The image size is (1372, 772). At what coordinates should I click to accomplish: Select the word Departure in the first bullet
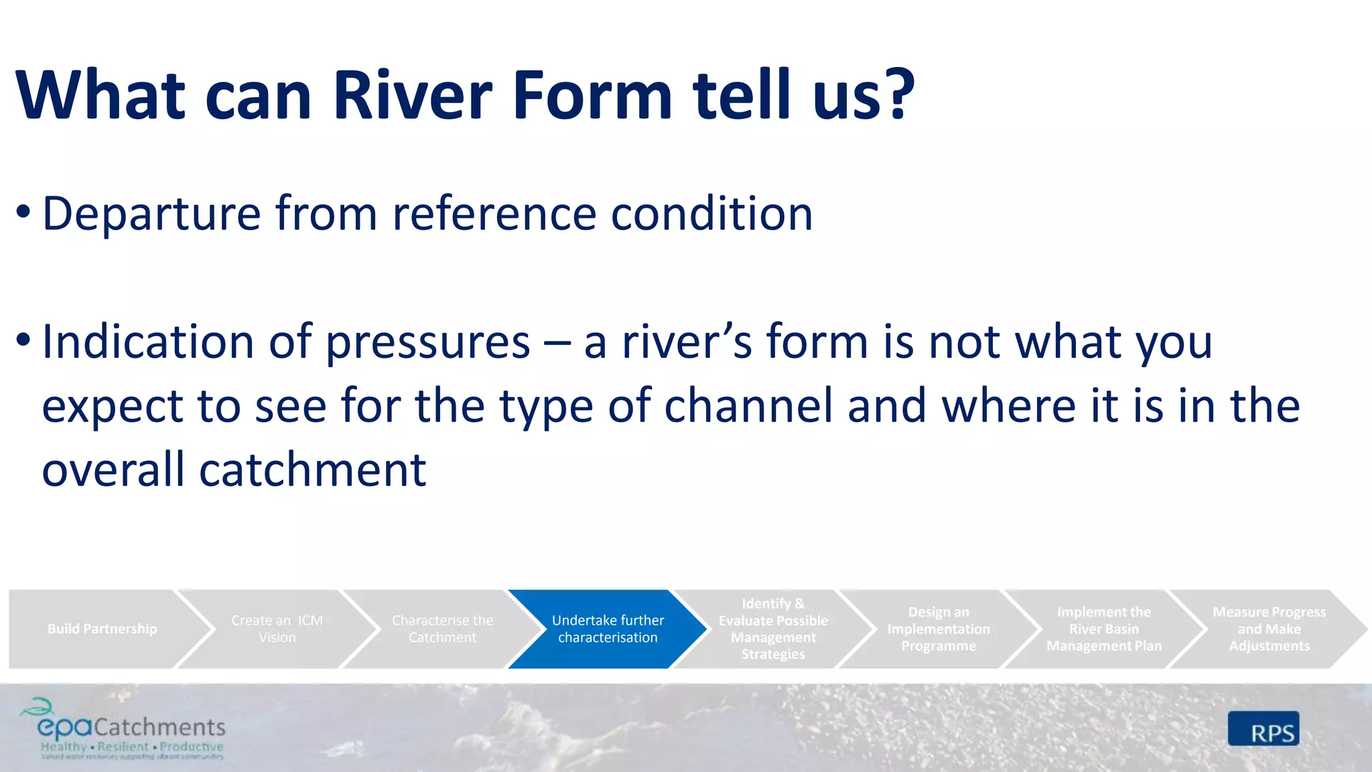pos(151,214)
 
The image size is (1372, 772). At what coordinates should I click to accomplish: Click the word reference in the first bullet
pos(494,214)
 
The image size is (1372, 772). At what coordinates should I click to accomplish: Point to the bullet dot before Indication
pos(23,340)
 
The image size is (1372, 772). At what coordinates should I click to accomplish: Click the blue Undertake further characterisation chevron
pos(608,629)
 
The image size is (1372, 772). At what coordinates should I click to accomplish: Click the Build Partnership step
pos(102,629)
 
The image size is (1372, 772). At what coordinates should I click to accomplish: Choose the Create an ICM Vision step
pos(277,629)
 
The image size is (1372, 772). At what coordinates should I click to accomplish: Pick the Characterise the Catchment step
pos(442,629)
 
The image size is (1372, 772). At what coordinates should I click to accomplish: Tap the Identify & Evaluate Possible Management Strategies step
pos(773,629)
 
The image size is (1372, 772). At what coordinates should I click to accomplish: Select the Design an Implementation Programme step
pos(938,629)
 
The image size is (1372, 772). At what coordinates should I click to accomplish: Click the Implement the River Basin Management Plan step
pos(1103,629)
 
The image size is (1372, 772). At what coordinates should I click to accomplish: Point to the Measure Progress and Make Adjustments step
pos(1269,629)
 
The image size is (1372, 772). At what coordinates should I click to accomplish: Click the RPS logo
pos(1263,729)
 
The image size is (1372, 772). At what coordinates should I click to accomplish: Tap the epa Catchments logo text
pos(131,727)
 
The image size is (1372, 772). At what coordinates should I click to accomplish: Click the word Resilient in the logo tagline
pos(123,747)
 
